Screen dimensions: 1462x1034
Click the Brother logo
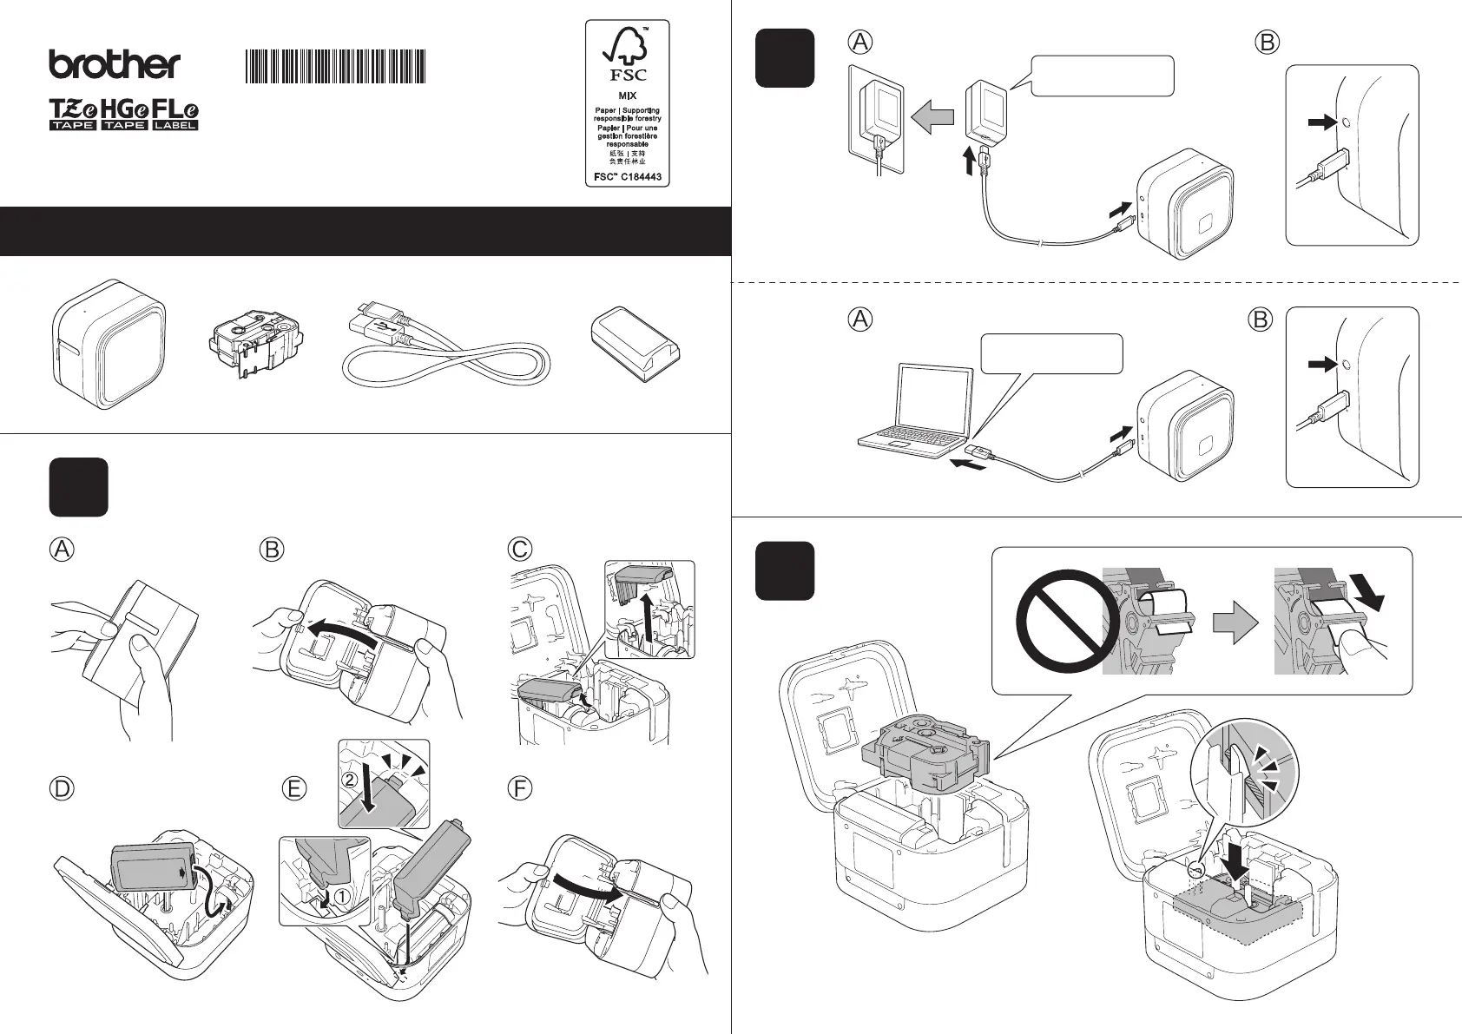(x=115, y=65)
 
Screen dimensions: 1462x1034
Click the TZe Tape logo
(x=72, y=115)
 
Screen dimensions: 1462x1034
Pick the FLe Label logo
(x=175, y=115)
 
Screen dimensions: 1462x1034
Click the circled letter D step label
(x=61, y=788)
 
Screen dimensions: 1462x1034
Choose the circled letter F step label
(x=519, y=788)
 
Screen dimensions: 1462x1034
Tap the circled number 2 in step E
(x=349, y=780)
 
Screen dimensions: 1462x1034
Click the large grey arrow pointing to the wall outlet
(x=932, y=118)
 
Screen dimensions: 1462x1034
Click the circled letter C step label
(x=519, y=550)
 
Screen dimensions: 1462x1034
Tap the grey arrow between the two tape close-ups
(x=1234, y=621)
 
